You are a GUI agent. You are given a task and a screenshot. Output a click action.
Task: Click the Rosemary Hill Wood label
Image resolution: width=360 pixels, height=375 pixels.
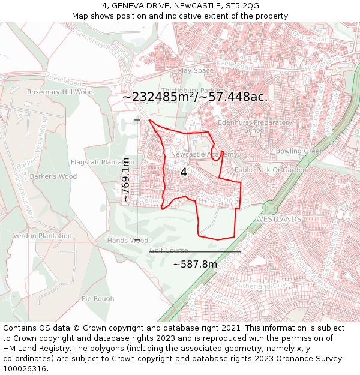click(x=60, y=92)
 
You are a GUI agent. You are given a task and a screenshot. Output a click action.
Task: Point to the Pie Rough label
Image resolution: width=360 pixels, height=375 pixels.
click(x=98, y=299)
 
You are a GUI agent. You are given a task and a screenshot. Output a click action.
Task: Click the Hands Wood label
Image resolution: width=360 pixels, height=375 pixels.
click(x=127, y=241)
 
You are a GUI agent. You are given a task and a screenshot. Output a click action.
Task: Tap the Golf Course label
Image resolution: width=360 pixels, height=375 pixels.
click(x=169, y=250)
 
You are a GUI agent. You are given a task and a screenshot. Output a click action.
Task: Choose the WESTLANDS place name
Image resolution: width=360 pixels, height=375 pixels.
click(x=278, y=220)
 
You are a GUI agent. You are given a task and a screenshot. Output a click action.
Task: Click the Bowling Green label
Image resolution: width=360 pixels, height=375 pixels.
click(x=299, y=151)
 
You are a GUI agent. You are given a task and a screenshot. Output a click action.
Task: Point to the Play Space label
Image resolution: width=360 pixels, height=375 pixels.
click(x=196, y=70)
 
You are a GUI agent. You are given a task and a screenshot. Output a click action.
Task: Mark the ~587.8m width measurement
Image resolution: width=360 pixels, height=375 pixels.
click(x=195, y=264)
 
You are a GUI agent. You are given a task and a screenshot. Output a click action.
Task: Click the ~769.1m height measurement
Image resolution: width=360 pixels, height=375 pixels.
click(x=125, y=179)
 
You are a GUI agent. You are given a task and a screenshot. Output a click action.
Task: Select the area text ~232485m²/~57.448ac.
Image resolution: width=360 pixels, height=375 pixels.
click(x=195, y=97)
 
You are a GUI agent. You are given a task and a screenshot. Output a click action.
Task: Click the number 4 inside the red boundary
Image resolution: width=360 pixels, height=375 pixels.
click(x=184, y=172)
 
